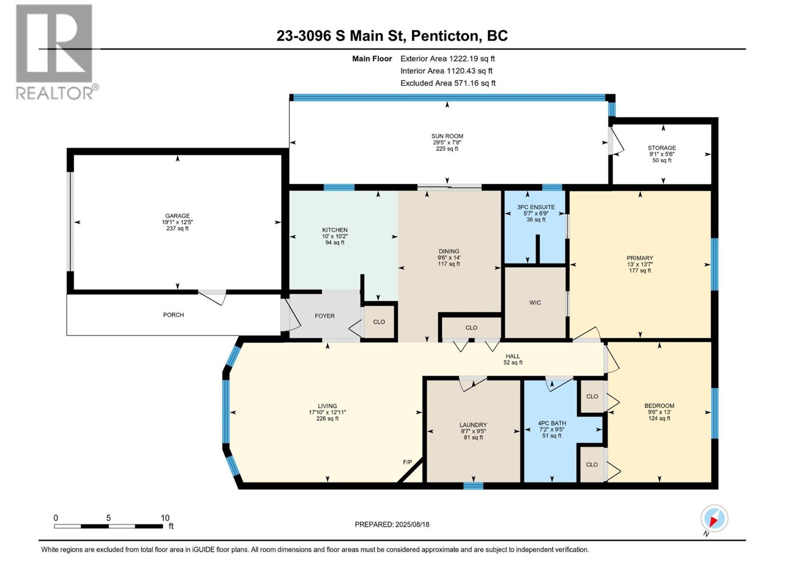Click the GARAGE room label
pos(177,216)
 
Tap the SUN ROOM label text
pos(447,136)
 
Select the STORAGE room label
pos(661,147)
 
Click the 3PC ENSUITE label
pos(536,207)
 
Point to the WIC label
pos(535,302)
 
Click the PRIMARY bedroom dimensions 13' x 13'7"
pos(640,264)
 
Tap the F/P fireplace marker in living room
pos(407,462)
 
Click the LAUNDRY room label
pos(473,425)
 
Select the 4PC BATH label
pos(551,423)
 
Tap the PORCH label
pos(173,315)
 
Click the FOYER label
pos(324,316)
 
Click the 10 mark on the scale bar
pos(165,517)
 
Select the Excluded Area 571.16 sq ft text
pos(447,83)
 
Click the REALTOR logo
pos(54,51)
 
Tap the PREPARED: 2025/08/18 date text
pos(392,524)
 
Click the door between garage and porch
pos(212,296)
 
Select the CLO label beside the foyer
pos(379,322)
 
